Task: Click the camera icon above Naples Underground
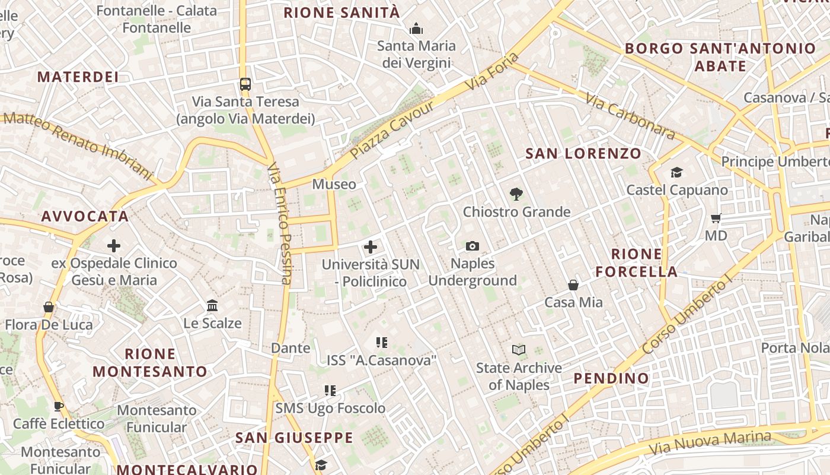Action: coord(473,246)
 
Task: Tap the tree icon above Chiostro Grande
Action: coord(516,194)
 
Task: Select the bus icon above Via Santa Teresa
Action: coord(245,84)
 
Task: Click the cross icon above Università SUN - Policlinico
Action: coord(371,247)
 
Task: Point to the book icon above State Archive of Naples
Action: coord(519,350)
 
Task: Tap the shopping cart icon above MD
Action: coord(716,218)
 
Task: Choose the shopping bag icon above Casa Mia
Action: coord(573,285)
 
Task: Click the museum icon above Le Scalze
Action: coord(212,306)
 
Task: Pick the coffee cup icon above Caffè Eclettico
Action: coord(59,406)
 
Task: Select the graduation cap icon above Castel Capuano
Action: coord(676,172)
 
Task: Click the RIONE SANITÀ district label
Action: coord(342,12)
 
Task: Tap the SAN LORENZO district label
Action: coord(583,154)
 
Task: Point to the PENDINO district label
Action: coord(611,378)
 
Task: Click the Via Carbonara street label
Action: coord(630,116)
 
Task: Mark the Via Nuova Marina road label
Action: coord(710,442)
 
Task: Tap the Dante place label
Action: coord(290,347)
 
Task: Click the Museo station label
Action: coord(334,184)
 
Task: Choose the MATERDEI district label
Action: coord(78,77)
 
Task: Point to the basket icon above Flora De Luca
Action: coord(49,307)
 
